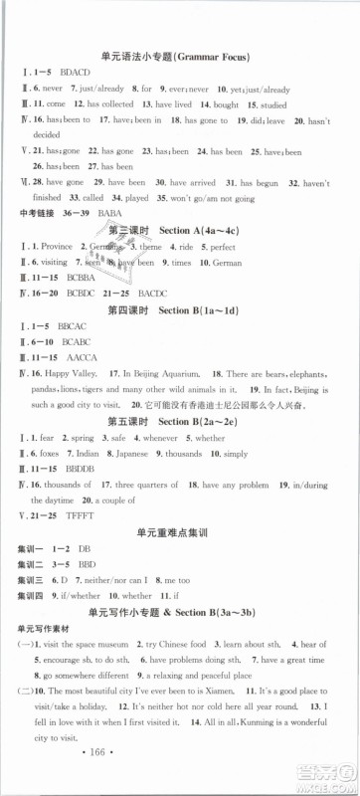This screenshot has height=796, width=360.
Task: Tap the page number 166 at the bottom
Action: pyautogui.click(x=179, y=775)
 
